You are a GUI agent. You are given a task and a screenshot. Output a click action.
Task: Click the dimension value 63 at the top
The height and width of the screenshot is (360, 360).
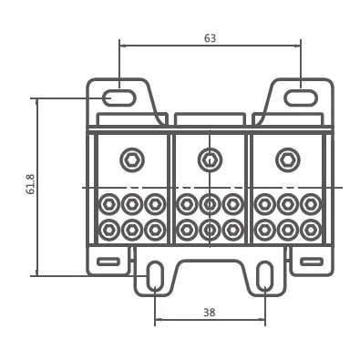point(210,38)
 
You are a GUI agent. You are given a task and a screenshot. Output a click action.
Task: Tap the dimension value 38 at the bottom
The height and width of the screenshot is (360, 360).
point(210,312)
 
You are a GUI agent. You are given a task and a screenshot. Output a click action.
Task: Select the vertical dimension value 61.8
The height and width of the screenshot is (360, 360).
point(31,184)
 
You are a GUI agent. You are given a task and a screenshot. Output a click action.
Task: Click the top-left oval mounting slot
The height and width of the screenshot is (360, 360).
point(118,98)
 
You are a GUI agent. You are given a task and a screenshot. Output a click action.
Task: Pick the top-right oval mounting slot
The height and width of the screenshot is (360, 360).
point(301,98)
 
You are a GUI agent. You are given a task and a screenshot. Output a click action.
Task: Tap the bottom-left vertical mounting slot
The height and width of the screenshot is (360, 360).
point(155,276)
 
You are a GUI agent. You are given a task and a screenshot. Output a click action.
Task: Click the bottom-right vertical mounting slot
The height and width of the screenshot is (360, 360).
point(265,276)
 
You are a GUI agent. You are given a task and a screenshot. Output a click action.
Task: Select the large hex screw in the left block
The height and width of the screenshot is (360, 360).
point(132,159)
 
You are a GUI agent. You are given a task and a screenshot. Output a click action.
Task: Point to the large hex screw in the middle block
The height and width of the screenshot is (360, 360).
point(210,159)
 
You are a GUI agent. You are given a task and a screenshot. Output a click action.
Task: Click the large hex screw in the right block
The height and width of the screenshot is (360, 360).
point(288,159)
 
